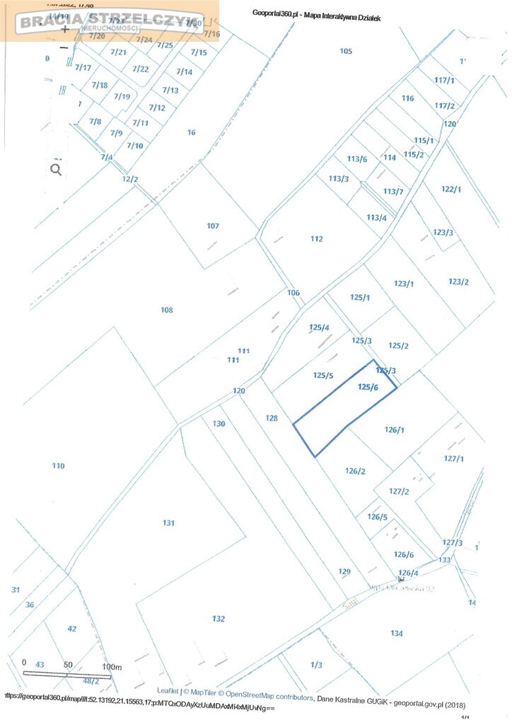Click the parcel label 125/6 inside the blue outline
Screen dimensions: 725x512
tap(368, 387)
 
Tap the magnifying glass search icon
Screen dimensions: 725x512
tap(56, 169)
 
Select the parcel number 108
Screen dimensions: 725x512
tap(167, 310)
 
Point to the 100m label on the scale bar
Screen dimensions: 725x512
tap(112, 667)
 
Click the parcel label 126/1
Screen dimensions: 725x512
tap(394, 430)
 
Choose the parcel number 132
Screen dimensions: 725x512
tap(219, 619)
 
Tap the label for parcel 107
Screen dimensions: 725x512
tap(213, 226)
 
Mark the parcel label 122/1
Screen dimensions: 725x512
tap(451, 189)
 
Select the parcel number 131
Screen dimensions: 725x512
tap(168, 523)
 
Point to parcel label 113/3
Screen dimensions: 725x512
tap(339, 178)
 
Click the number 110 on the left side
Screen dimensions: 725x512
tap(58, 466)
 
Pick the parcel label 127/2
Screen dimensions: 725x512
tap(400, 491)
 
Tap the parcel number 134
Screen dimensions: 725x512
tap(397, 633)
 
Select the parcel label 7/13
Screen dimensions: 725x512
tap(170, 90)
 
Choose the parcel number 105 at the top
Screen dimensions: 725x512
tap(346, 50)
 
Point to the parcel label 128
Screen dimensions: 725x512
tap(272, 418)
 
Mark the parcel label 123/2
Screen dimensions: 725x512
tap(458, 282)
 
